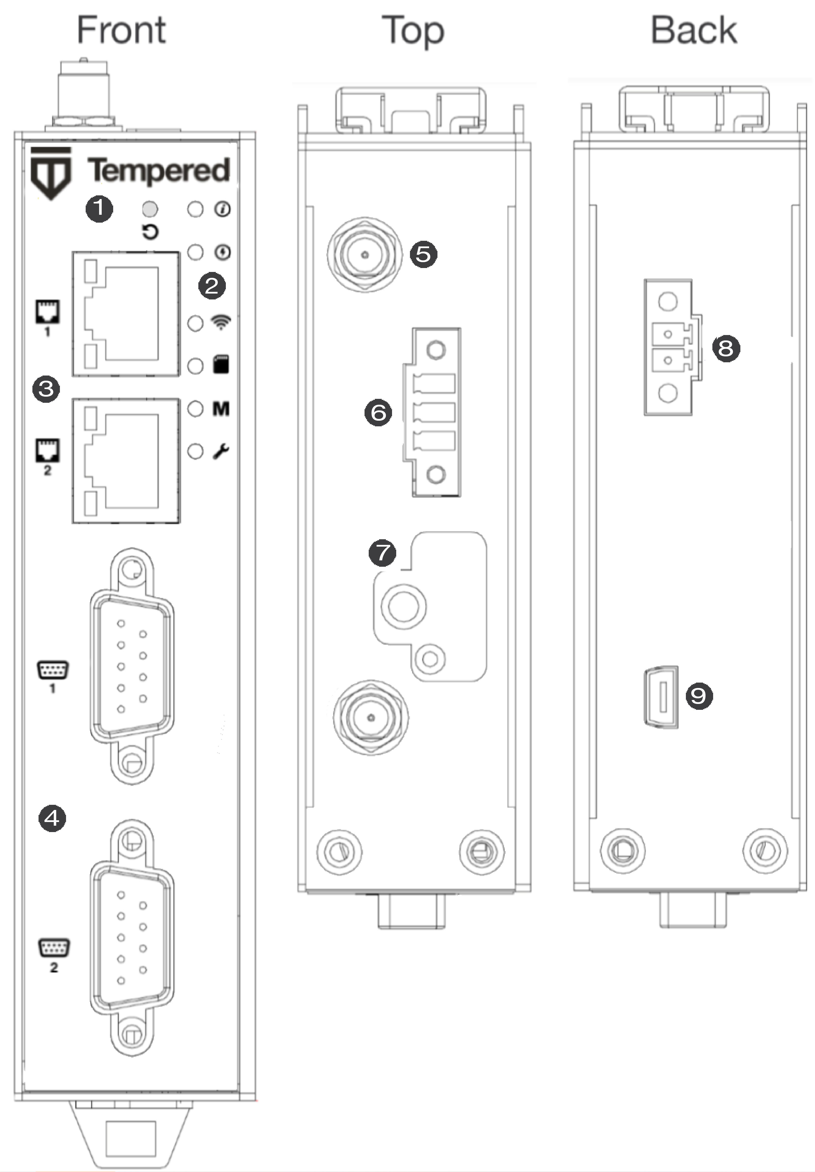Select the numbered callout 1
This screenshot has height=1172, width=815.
(x=99, y=208)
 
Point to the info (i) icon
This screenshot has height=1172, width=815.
(x=222, y=209)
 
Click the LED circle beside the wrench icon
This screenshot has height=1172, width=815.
(x=195, y=451)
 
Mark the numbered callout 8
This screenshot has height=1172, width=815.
(x=726, y=349)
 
